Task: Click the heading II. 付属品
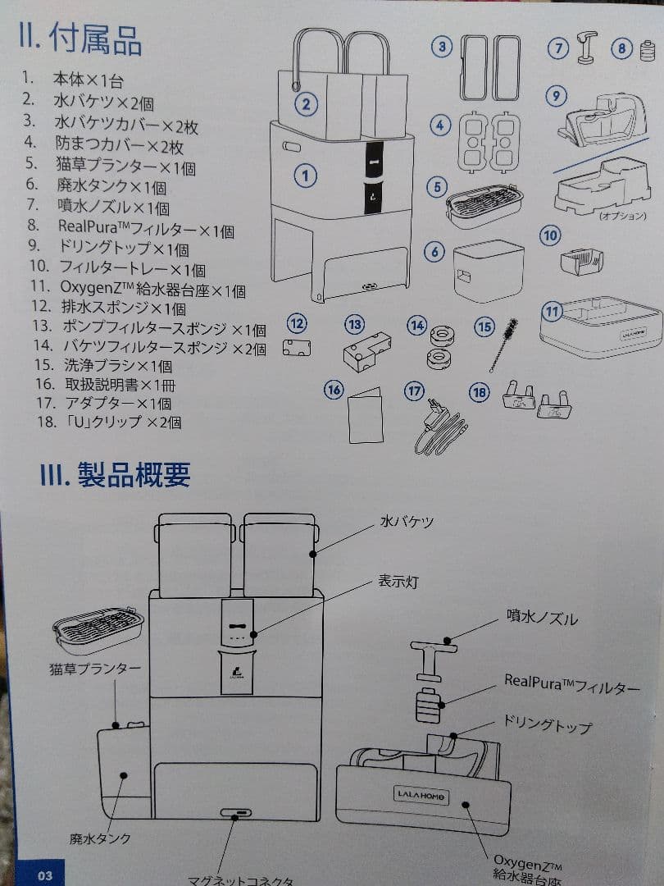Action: click(x=80, y=39)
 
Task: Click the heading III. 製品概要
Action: click(x=116, y=474)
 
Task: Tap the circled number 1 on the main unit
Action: click(x=305, y=175)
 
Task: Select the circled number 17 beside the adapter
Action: click(x=414, y=391)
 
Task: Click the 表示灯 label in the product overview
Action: click(x=398, y=582)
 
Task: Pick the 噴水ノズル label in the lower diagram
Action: click(x=541, y=618)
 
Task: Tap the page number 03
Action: click(x=44, y=875)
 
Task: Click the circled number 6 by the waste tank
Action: click(x=434, y=252)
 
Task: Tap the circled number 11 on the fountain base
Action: click(x=553, y=312)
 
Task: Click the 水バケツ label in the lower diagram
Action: click(x=406, y=522)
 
